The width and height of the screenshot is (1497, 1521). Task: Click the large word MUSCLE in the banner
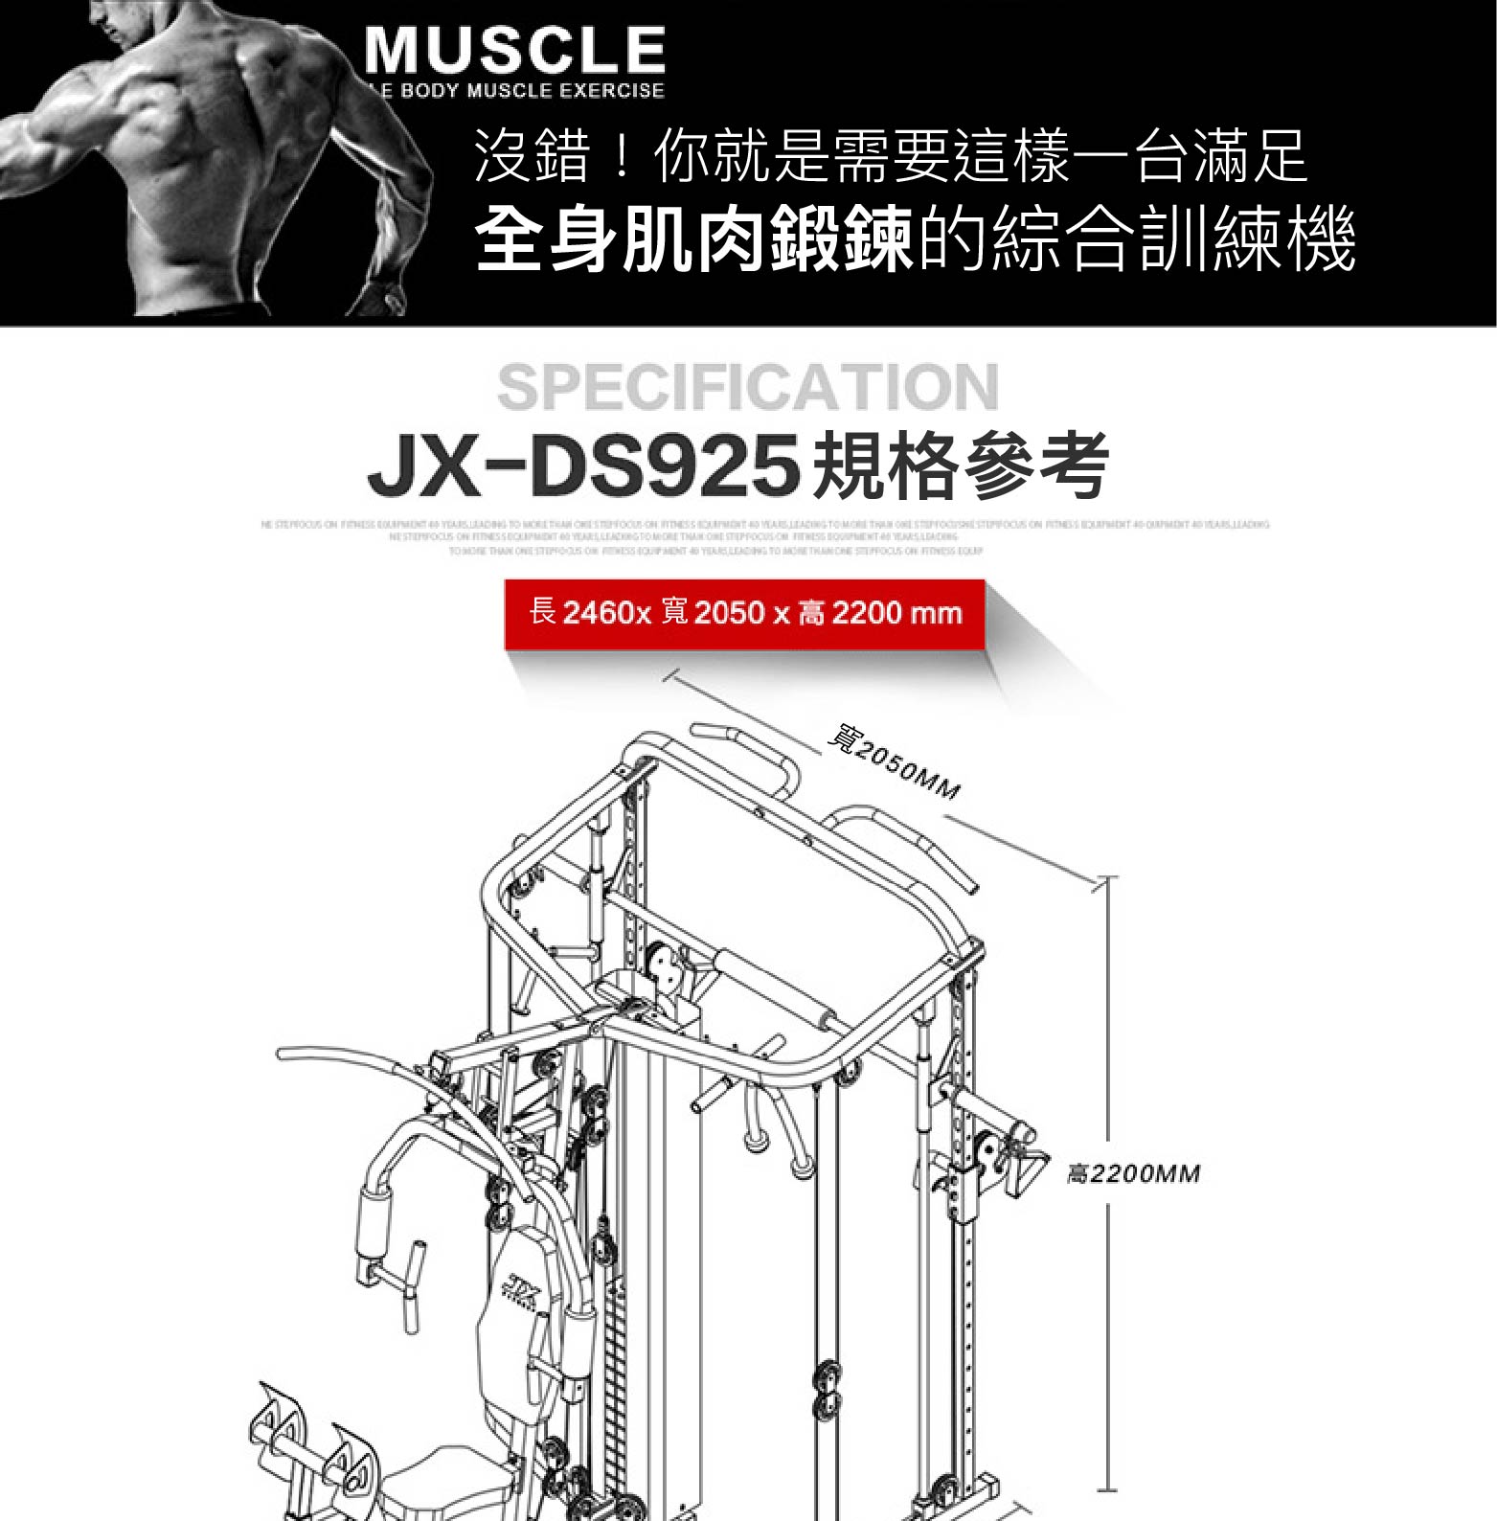point(514,51)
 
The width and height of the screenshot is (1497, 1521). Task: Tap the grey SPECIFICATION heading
point(748,387)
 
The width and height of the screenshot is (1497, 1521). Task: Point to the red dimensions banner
point(744,613)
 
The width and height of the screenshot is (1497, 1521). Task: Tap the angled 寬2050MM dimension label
point(893,767)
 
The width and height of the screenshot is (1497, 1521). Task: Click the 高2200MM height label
point(1133,1173)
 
